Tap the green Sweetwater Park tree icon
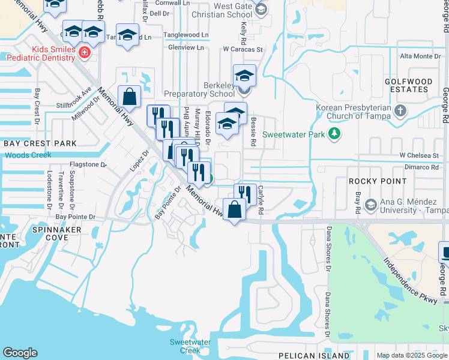pyautogui.click(x=335, y=133)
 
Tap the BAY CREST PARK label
pyautogui.click(x=40, y=143)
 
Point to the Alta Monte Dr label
pyautogui.click(x=421, y=56)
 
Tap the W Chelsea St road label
pyautogui.click(x=420, y=155)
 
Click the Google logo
pyautogui.click(x=20, y=353)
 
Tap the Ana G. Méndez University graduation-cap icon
pyautogui.click(x=370, y=205)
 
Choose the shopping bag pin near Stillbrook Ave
pyautogui.click(x=130, y=97)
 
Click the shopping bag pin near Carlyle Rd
pyautogui.click(x=235, y=209)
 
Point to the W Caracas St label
pyautogui.click(x=243, y=49)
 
